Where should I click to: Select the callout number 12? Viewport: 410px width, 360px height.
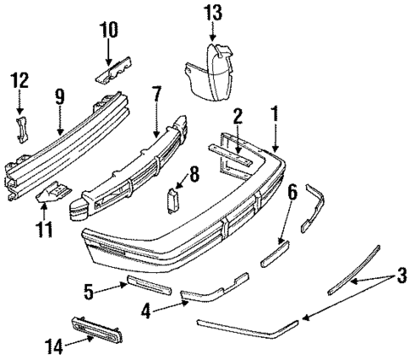(x=19, y=81)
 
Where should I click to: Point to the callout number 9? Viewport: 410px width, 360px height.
(x=58, y=97)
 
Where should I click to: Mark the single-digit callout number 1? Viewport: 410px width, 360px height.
(x=273, y=111)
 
